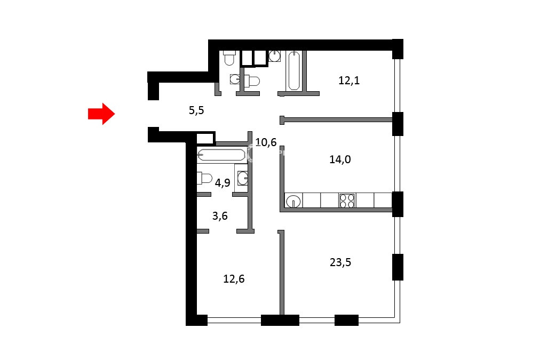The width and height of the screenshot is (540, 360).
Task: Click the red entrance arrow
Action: click(x=101, y=114)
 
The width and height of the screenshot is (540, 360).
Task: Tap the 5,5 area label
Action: click(x=196, y=110)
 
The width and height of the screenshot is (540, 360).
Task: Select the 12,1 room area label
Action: click(x=349, y=81)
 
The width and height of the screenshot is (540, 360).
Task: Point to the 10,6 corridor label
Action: click(x=266, y=142)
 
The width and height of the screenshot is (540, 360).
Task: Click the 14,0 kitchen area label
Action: click(x=340, y=159)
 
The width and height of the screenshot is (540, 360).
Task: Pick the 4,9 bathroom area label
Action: click(x=223, y=182)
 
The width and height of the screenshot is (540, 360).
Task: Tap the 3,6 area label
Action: click(x=220, y=216)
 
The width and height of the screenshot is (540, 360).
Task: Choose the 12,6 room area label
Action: click(x=234, y=279)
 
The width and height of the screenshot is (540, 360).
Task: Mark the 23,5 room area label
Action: click(x=340, y=262)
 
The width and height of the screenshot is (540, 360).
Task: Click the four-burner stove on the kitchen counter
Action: click(x=347, y=201)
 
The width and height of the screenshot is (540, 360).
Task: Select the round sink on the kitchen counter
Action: click(x=293, y=201)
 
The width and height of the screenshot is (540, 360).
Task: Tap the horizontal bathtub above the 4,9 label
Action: click(x=221, y=155)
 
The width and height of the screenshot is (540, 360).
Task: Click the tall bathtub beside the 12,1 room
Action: click(x=294, y=70)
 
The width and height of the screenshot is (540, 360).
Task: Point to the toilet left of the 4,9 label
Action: click(x=204, y=178)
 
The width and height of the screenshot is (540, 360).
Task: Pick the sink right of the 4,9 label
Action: click(x=242, y=178)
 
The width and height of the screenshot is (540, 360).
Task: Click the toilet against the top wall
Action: click(x=229, y=58)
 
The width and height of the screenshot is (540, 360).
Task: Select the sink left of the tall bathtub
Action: click(x=274, y=56)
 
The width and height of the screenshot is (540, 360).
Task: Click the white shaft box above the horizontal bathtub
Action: click(x=205, y=139)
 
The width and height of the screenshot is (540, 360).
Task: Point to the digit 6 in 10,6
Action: click(x=273, y=142)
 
